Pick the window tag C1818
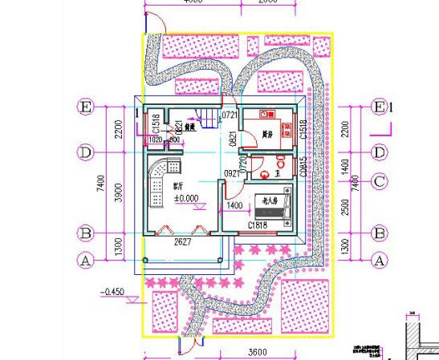point(258,226)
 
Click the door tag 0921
point(230,173)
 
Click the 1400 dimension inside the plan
point(235,206)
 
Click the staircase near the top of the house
point(208,119)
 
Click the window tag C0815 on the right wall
point(303,167)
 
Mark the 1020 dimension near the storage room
point(156,140)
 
